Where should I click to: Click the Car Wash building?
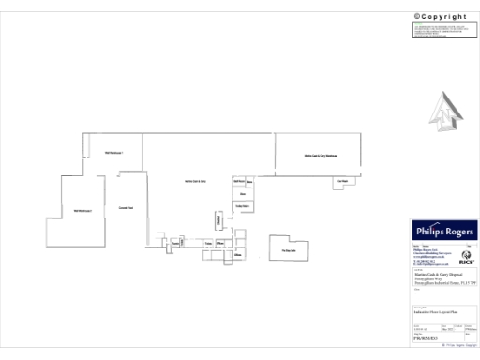click(342, 181)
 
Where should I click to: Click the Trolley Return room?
click(241, 205)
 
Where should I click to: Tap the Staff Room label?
click(239, 180)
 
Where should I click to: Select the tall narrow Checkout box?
click(219, 220)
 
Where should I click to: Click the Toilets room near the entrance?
click(209, 243)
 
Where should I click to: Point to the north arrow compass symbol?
click(445, 114)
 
